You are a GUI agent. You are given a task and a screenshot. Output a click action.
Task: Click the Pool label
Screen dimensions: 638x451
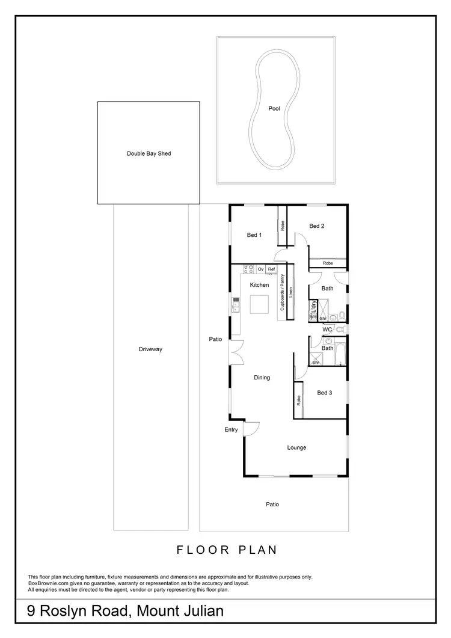coord(274,109)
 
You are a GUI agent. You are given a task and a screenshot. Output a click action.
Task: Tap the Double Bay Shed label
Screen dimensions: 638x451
coord(149,154)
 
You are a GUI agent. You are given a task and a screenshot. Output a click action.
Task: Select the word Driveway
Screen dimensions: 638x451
coord(150,349)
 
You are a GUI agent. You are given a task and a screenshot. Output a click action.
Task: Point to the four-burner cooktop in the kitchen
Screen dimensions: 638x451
coord(248,269)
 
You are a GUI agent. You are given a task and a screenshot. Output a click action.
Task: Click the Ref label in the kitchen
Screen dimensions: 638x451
coord(271,269)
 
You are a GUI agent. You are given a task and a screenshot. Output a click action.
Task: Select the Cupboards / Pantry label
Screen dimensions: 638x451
coord(282,293)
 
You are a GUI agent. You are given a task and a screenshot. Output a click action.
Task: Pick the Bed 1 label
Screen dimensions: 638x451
coord(254,235)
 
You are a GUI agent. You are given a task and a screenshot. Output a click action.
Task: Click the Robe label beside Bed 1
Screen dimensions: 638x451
coord(281,226)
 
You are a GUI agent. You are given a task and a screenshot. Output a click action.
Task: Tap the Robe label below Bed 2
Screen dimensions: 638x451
coord(328,263)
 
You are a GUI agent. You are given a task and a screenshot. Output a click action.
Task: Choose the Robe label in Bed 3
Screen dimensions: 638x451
coord(298,400)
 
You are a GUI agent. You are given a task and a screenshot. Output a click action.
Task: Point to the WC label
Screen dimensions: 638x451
coord(327,330)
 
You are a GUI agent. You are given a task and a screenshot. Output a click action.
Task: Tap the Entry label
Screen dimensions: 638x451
coord(231,429)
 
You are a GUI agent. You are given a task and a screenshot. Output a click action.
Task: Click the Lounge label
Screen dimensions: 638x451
coord(296,447)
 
